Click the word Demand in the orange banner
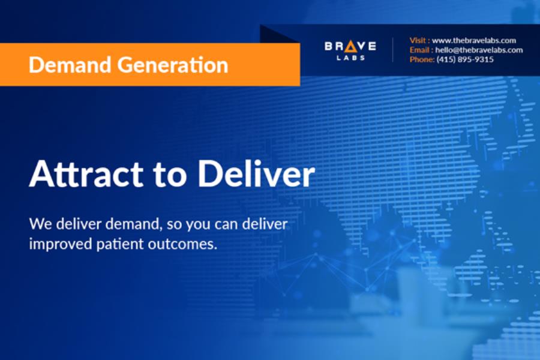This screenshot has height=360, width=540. (x=70, y=65)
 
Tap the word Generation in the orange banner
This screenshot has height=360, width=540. (x=173, y=65)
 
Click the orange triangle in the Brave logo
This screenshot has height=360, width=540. (x=351, y=46)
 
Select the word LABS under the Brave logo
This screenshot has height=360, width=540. (x=350, y=58)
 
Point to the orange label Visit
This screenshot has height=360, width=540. (x=418, y=40)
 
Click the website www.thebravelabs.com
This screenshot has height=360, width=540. (x=474, y=40)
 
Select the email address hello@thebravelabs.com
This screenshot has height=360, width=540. (x=479, y=50)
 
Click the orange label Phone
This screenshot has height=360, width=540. (x=422, y=59)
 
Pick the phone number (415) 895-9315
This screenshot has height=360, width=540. (x=465, y=59)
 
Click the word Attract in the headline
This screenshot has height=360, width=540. (x=86, y=173)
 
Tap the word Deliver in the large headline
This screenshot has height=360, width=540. (x=256, y=173)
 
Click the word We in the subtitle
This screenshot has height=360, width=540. (x=41, y=224)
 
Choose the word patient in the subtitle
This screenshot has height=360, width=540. (x=120, y=244)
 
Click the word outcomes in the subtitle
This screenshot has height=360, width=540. (x=183, y=244)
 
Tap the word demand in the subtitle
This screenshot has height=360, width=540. (x=134, y=224)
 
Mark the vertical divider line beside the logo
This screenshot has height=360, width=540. (x=392, y=50)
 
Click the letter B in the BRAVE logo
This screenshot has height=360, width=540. (x=328, y=46)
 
